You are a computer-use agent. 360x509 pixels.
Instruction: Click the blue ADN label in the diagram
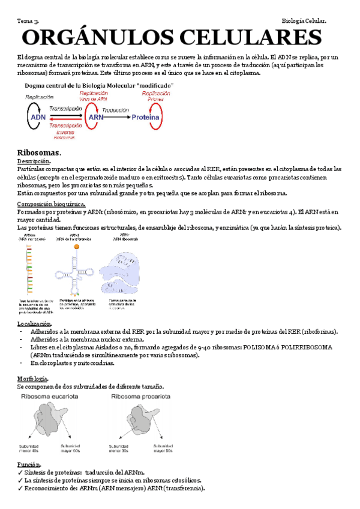[x=37, y=118]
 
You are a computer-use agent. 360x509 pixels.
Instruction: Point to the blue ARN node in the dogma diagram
[x=96, y=118]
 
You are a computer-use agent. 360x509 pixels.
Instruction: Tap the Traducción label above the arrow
[x=116, y=110]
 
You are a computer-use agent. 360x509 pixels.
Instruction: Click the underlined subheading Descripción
[x=34, y=161]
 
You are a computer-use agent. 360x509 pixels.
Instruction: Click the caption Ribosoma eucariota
[x=50, y=397]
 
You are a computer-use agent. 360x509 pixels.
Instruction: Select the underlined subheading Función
[x=29, y=465]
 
